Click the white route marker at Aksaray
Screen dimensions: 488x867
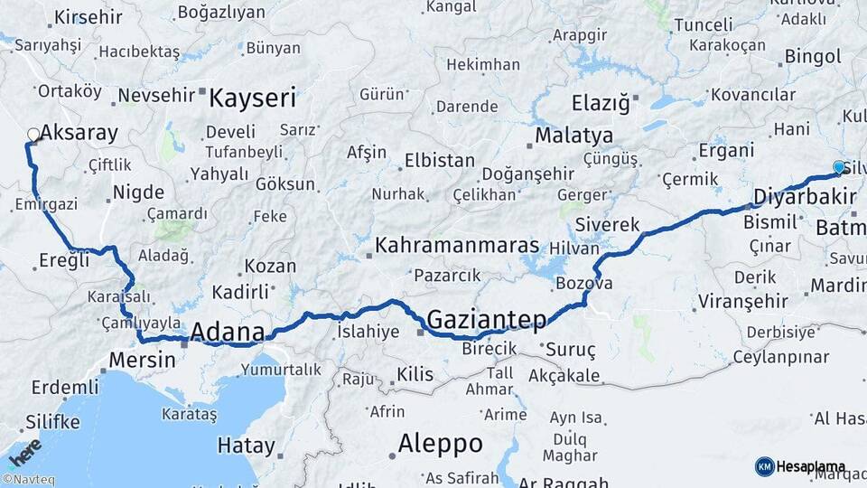coord(33,135)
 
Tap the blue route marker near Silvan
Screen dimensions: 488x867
coord(839,167)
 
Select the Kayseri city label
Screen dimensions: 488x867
coord(253,97)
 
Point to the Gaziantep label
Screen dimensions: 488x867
coord(487,319)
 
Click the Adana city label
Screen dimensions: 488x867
coord(228,330)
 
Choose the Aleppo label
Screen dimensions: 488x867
coord(441,444)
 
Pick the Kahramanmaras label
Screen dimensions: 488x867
coord(457,246)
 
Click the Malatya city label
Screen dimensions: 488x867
coord(574,136)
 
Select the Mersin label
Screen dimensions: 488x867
coord(142,359)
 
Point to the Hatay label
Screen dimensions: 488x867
coord(246,446)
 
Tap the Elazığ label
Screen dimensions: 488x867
coord(601,102)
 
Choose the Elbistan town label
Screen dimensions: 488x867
coord(440,160)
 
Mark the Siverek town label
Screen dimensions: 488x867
coord(614,225)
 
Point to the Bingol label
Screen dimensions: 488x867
coord(814,57)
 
